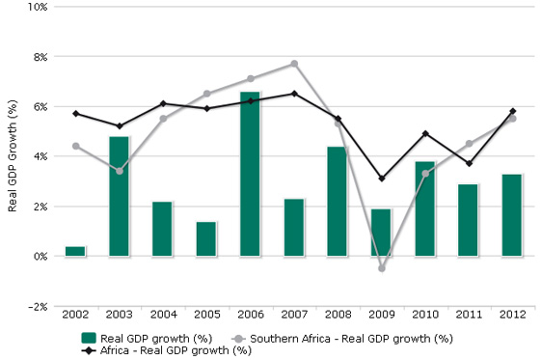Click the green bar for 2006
[250, 174]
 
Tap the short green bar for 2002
[75, 251]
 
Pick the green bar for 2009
[381, 233]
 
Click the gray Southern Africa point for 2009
[381, 268]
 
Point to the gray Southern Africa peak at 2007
[294, 64]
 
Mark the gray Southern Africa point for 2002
[75, 146]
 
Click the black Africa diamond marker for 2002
[75, 114]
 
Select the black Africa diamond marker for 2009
[381, 179]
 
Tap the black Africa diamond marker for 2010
[424, 133]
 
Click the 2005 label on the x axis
[206, 316]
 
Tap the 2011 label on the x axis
[469, 316]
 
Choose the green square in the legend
[89, 338]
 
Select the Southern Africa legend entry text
[351, 338]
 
